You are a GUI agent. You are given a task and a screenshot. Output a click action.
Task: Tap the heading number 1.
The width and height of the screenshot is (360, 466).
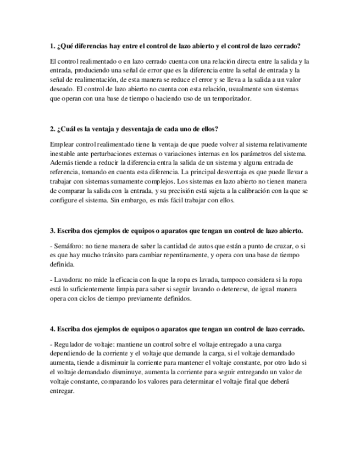pos(51,46)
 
